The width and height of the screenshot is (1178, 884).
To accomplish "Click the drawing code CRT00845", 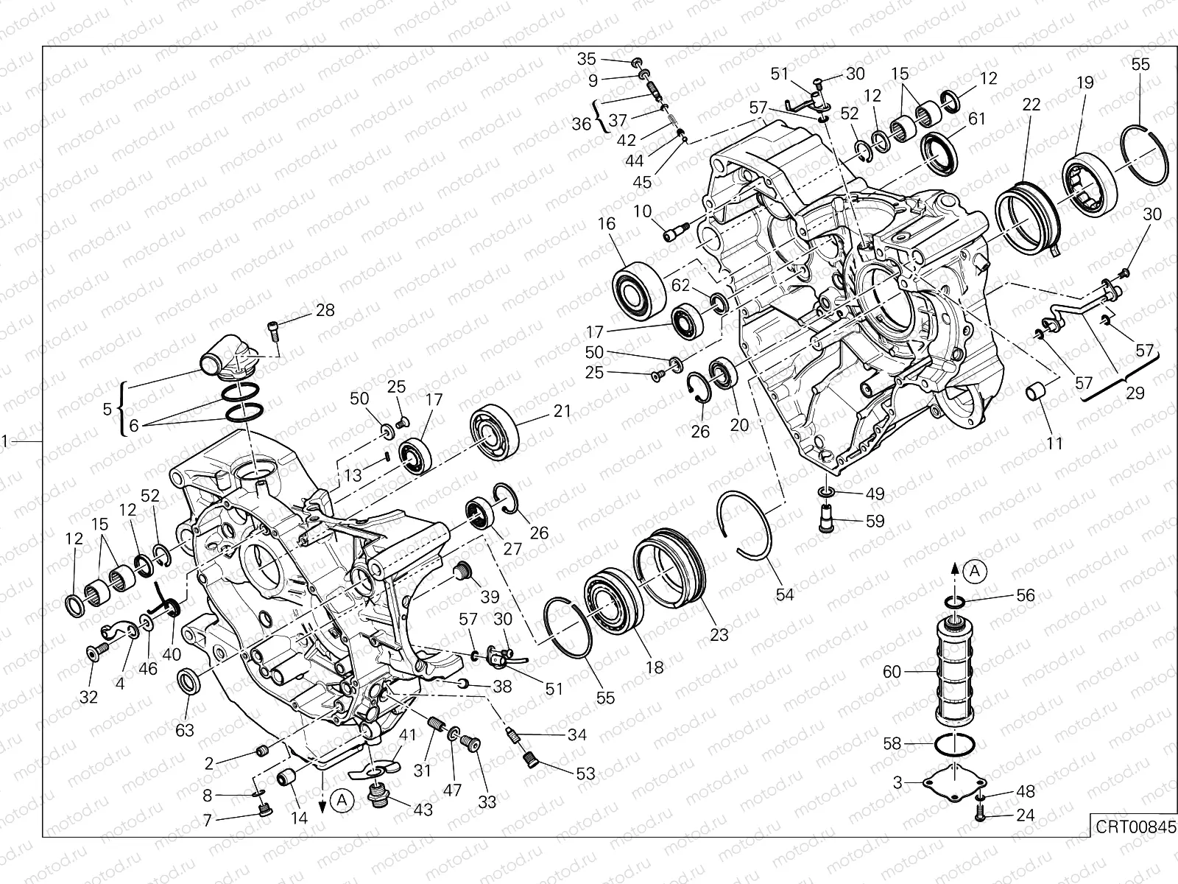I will tap(1134, 826).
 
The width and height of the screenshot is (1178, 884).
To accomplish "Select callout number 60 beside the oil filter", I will tap(892, 672).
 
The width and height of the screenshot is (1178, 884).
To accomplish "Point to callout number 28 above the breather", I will tap(325, 310).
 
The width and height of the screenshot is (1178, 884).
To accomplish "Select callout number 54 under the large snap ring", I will tap(785, 594).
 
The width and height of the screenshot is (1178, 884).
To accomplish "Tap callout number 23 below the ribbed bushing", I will tap(719, 634).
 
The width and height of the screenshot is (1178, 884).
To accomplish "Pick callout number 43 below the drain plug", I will tap(423, 809).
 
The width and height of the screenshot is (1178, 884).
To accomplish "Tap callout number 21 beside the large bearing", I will tap(562, 411).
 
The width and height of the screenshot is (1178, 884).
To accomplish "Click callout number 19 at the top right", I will tap(1085, 83).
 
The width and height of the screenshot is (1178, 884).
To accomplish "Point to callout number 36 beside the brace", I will tap(582, 124).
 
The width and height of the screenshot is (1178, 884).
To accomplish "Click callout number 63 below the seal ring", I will tap(185, 730).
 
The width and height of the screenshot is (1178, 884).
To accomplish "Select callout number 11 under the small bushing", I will tap(1054, 443).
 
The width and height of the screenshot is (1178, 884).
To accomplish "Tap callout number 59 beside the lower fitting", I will tap(874, 521).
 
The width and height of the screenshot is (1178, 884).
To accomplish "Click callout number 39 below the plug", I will tap(490, 596).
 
